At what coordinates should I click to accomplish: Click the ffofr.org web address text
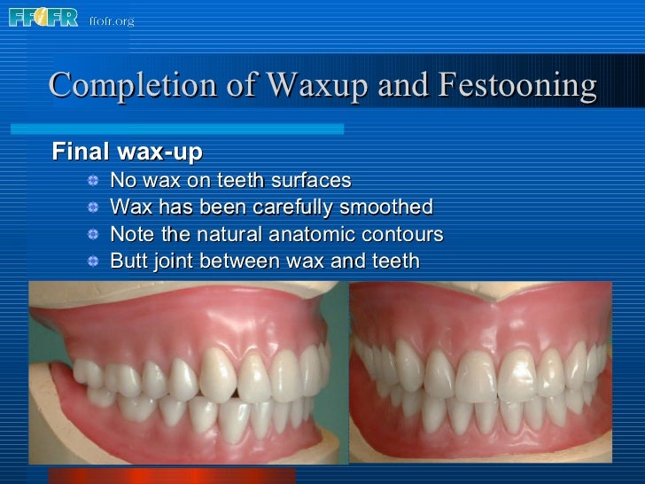[112, 20]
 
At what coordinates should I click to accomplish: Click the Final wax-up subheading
[128, 152]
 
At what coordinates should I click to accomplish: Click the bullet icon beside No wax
[93, 181]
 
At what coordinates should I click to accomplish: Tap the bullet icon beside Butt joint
[93, 262]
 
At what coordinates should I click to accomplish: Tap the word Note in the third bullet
[130, 235]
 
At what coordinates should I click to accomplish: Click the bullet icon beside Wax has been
[93, 208]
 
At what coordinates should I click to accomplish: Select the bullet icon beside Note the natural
[93, 236]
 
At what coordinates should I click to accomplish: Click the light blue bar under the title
[195, 129]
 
